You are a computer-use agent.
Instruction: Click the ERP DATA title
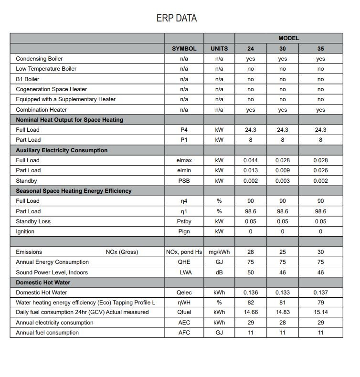pos(176,18)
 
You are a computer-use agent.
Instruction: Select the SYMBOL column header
pos(184,49)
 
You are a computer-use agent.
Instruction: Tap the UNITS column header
pos(219,49)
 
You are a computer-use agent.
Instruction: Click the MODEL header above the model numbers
pos(288,38)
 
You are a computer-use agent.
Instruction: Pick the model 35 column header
pos(320,49)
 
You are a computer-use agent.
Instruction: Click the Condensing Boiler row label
pos(39,59)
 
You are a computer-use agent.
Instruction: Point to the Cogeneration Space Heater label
pos(51,89)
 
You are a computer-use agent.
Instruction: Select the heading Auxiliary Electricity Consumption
pos(62,150)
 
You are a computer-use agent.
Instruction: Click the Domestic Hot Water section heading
pos(43,283)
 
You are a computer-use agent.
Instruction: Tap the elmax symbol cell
pos(184,160)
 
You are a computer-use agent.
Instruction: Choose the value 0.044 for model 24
pos(251,160)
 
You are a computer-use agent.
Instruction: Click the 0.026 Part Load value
pos(320,170)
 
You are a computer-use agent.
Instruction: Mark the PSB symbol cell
pos(184,181)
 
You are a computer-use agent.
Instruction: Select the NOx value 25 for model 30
pos(283,252)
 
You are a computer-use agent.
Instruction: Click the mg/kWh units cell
pos(219,252)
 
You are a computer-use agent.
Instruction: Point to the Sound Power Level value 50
pos(251,272)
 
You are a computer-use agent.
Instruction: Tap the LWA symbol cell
pos(184,272)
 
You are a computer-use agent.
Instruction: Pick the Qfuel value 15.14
pos(320,312)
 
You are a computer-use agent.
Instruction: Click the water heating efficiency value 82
pos(251,303)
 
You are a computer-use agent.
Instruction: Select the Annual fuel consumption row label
pos(47,333)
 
